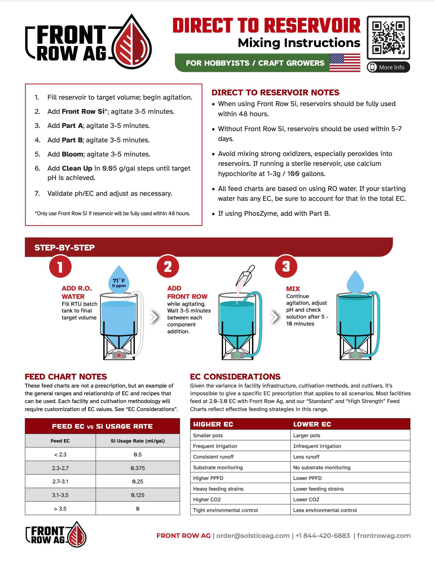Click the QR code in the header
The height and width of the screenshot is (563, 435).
pyautogui.click(x=388, y=37)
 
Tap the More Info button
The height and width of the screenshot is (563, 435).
pyautogui.click(x=388, y=67)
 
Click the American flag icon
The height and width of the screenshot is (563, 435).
pyautogui.click(x=345, y=62)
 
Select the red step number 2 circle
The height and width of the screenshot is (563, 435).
pyautogui.click(x=168, y=267)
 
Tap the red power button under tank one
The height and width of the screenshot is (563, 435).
pyautogui.click(x=119, y=355)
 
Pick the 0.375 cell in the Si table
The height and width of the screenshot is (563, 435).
pyautogui.click(x=138, y=468)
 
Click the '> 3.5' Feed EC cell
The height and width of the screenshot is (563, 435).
pyautogui.click(x=60, y=509)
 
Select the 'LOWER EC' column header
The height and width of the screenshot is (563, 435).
pyautogui.click(x=312, y=424)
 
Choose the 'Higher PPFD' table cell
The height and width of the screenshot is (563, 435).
pyautogui.click(x=208, y=478)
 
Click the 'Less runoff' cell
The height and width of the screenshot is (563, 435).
pyautogui.click(x=306, y=457)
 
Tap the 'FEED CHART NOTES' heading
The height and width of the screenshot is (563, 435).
pyautogui.click(x=66, y=377)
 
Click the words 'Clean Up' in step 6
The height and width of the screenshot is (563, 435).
pyautogui.click(x=77, y=168)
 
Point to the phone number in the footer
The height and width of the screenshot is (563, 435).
pyautogui.click(x=323, y=535)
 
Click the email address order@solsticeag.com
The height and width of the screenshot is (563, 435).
pyautogui.click(x=253, y=535)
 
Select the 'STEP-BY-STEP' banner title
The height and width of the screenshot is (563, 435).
pyautogui.click(x=64, y=248)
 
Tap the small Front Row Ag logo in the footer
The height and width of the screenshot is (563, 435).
pyautogui.click(x=56, y=534)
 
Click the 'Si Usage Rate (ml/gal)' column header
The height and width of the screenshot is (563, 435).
pyautogui.click(x=138, y=441)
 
